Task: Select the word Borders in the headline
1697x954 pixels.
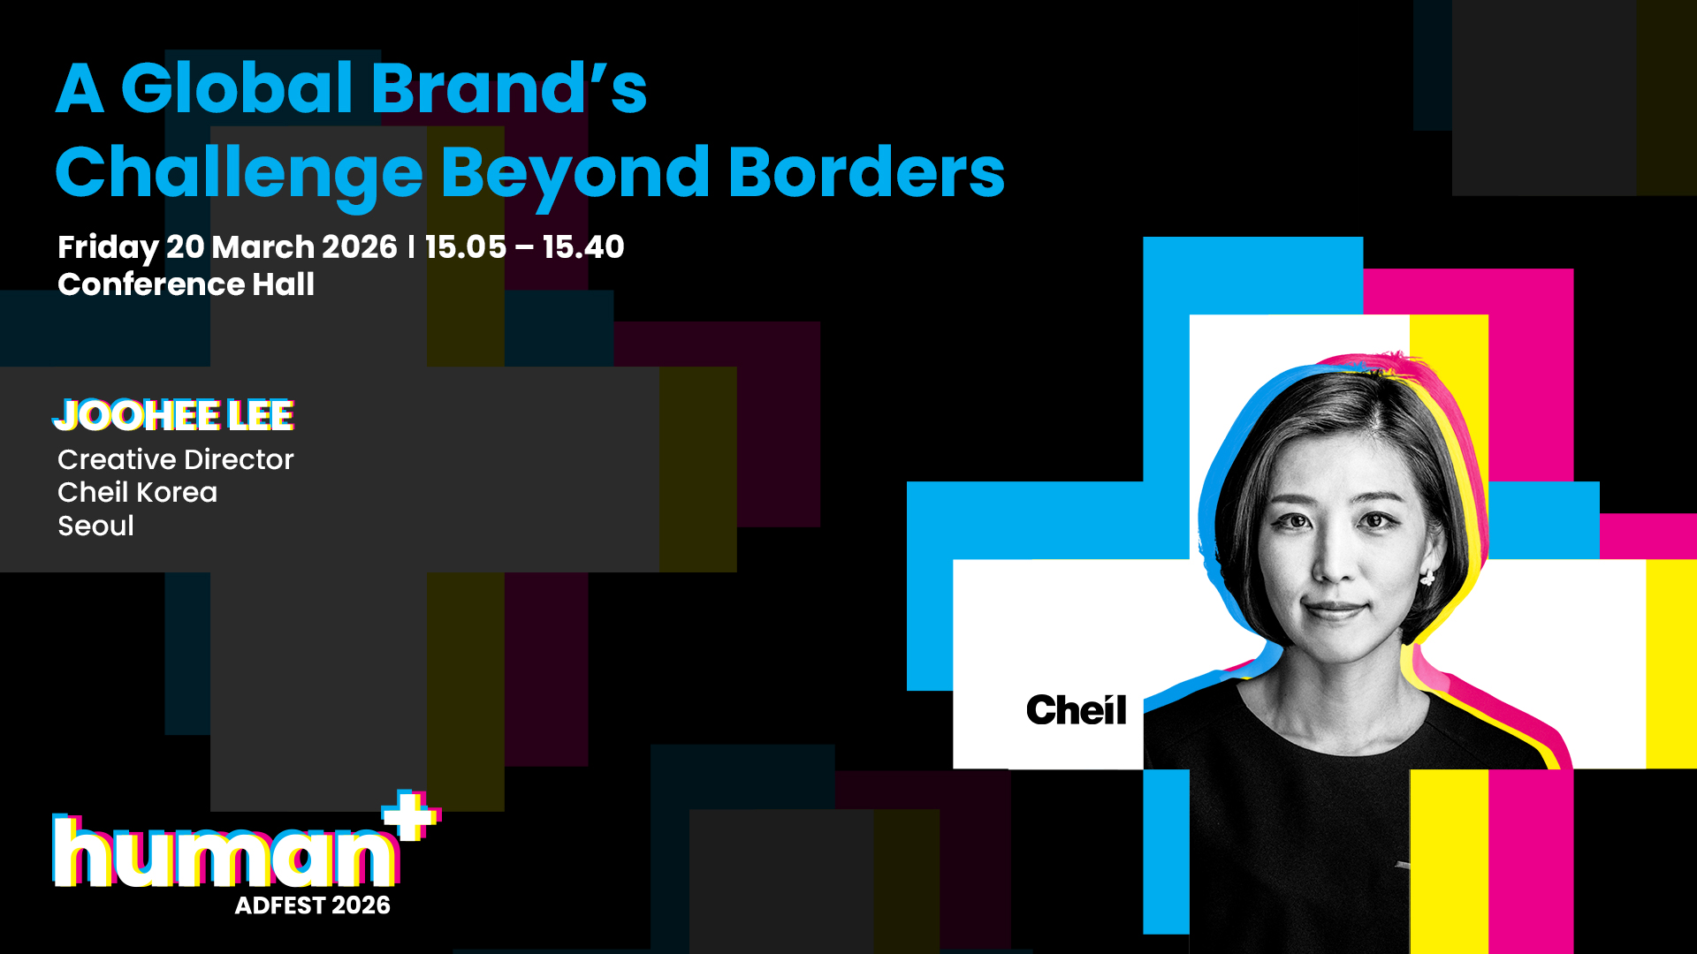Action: (x=866, y=171)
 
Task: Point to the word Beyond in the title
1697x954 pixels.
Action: (x=575, y=176)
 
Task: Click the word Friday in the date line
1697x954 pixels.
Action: (x=108, y=248)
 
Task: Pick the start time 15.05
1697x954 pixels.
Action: (x=466, y=247)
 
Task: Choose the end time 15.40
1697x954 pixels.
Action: (x=583, y=247)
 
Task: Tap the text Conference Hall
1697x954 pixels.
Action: (x=186, y=284)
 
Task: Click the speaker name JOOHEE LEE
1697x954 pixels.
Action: (x=173, y=415)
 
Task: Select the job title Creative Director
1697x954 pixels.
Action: (x=175, y=459)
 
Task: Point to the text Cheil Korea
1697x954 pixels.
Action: (x=137, y=492)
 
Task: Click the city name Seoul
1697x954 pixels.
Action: (x=95, y=526)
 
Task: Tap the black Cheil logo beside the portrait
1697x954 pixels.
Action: (x=1077, y=709)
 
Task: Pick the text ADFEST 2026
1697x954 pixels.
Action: (x=312, y=905)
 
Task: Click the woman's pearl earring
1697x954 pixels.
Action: (x=1427, y=578)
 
